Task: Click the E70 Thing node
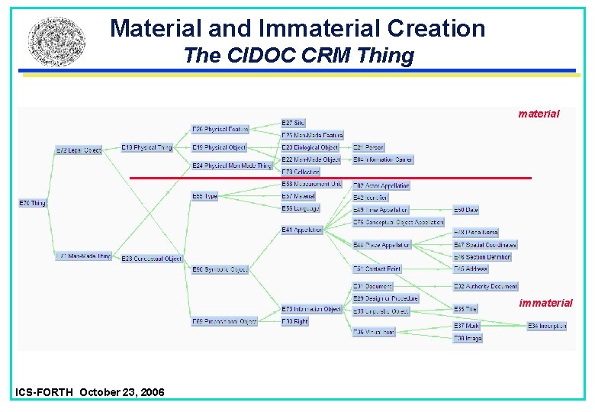tap(32, 203)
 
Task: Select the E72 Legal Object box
tap(79, 150)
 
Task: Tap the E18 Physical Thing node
tap(147, 147)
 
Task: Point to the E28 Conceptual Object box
tap(152, 258)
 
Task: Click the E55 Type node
tap(205, 196)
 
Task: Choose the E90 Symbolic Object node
tap(220, 269)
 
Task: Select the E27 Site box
tap(293, 123)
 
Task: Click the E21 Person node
tap(368, 147)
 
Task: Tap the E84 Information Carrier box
tap(383, 159)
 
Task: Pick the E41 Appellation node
tap(302, 230)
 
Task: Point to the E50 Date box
tap(466, 209)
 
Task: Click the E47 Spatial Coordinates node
tap(485, 245)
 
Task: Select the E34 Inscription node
tap(547, 326)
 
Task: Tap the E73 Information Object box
tap(311, 309)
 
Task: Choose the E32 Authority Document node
tap(486, 286)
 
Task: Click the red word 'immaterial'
tap(545, 303)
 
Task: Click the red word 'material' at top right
tap(539, 114)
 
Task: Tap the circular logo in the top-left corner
tap(51, 40)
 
